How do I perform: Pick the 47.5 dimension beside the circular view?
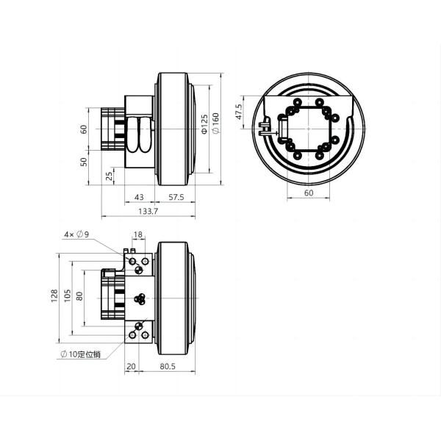point(239,111)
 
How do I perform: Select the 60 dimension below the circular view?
point(308,193)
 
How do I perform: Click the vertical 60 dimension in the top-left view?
point(84,129)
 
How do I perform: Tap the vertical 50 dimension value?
point(84,161)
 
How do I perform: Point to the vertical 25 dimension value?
point(110,176)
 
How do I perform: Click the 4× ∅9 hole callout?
point(76,234)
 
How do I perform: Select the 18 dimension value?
point(137,235)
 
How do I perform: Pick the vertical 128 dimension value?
point(54,295)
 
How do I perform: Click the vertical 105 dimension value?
point(68,295)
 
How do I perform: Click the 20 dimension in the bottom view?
point(132,365)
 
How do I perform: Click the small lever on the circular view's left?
point(263,129)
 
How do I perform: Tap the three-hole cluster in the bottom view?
point(140,299)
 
